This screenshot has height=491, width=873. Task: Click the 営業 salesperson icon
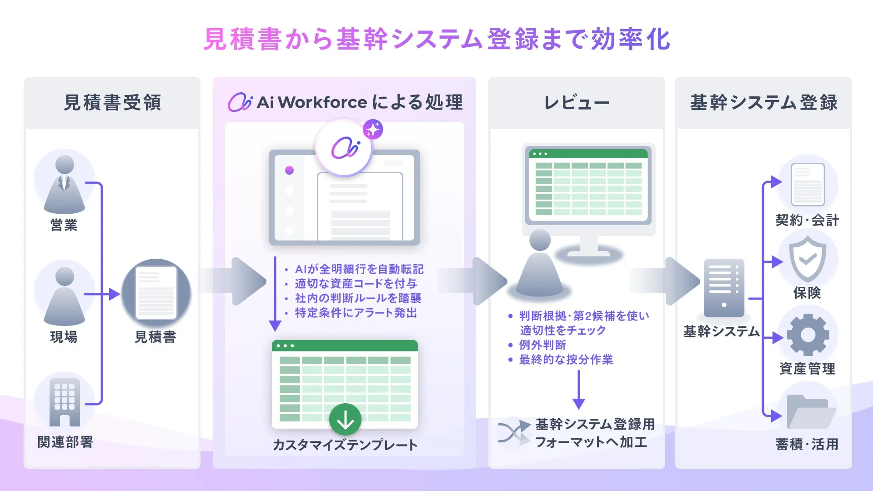click(64, 184)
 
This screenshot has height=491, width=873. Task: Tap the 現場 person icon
click(64, 295)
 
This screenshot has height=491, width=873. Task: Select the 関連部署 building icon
click(64, 402)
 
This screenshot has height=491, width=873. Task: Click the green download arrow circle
click(345, 419)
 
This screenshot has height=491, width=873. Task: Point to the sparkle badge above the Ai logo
click(373, 130)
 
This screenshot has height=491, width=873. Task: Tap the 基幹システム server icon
click(724, 287)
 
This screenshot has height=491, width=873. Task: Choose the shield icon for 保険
click(808, 259)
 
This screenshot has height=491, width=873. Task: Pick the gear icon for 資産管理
click(808, 335)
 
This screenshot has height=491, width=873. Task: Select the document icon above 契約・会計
click(808, 185)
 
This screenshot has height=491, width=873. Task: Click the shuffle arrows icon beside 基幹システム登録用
click(514, 432)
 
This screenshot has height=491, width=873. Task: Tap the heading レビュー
click(577, 103)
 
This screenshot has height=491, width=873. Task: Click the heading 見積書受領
click(112, 103)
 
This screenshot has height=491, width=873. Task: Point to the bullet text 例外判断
click(542, 345)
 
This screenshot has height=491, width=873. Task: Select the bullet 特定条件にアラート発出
click(356, 313)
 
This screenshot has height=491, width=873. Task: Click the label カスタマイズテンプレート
click(345, 445)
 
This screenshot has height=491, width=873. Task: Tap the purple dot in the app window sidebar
click(289, 170)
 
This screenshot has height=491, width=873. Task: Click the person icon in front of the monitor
click(540, 264)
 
